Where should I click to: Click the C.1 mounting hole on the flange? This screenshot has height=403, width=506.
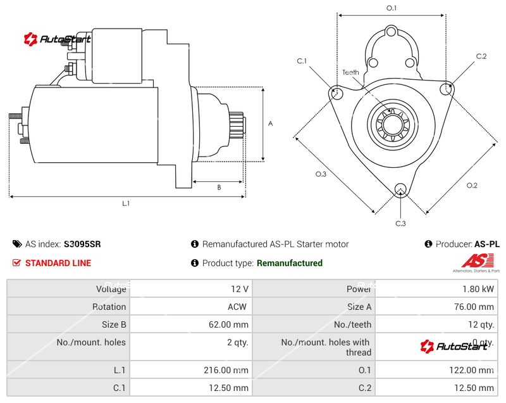click(336, 93)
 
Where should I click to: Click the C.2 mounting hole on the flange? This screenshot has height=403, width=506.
click(447, 89)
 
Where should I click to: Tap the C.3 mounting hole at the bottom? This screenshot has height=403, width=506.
click(400, 189)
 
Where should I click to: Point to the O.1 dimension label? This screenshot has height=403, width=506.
click(392, 8)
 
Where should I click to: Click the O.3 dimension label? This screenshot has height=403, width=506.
click(321, 174)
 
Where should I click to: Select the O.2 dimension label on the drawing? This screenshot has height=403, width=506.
click(472, 185)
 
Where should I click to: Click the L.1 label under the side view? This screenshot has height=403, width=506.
click(126, 203)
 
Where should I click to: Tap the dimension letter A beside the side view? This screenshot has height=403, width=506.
click(270, 124)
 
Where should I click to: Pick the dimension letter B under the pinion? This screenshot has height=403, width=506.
click(219, 187)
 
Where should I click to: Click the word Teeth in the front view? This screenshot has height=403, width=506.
click(350, 72)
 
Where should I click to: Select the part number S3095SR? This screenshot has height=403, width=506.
click(82, 244)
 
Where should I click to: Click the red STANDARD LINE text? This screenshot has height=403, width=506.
click(58, 263)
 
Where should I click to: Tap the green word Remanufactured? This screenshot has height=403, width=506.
click(290, 263)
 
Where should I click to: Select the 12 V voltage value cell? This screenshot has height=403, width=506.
click(240, 289)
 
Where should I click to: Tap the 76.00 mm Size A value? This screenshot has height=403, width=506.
click(478, 307)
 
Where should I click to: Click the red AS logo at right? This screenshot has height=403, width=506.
click(473, 260)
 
